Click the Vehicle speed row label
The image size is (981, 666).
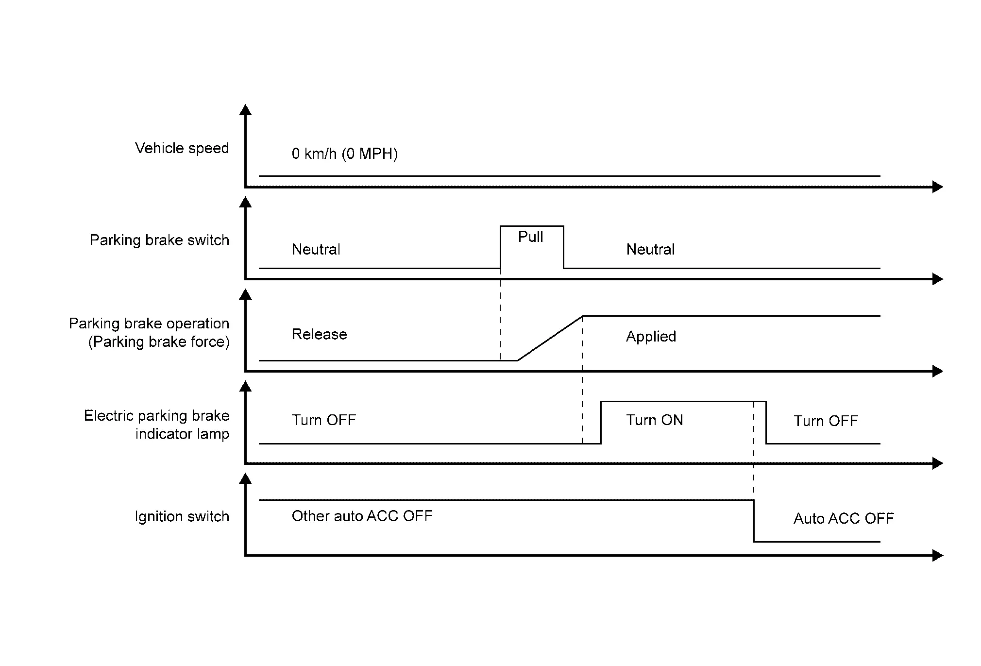click(182, 148)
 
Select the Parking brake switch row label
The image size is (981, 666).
click(159, 240)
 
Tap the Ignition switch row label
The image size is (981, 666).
click(182, 516)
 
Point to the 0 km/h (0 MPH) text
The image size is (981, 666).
click(344, 154)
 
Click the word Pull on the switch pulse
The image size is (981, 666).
click(530, 237)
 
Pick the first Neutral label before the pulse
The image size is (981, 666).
click(316, 250)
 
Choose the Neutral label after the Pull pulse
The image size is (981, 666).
click(650, 250)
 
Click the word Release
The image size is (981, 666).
click(319, 334)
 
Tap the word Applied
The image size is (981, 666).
click(651, 336)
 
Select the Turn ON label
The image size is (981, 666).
click(654, 420)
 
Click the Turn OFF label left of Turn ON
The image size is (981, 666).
click(323, 420)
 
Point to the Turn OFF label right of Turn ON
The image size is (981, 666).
click(826, 421)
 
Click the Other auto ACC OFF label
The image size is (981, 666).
click(362, 516)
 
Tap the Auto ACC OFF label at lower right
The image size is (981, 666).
click(844, 519)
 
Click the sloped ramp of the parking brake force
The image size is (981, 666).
click(550, 339)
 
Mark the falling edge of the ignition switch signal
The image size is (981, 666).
click(754, 521)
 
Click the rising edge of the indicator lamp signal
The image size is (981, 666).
click(601, 423)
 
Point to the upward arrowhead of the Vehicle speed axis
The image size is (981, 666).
click(245, 110)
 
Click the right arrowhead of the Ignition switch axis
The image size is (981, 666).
click(937, 555)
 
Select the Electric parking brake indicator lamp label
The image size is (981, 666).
click(156, 425)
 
